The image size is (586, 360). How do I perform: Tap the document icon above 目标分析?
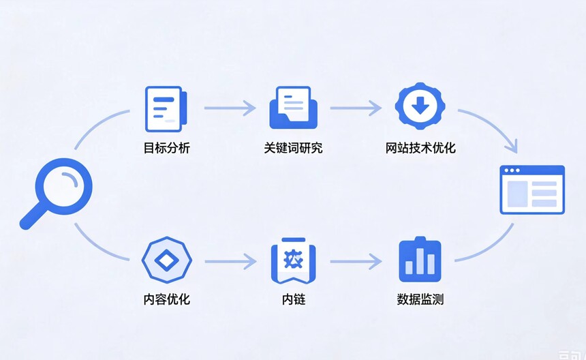(166, 109)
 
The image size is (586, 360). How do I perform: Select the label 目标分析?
(167, 148)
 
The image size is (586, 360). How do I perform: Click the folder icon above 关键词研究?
(294, 108)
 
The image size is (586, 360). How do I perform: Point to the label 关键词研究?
(294, 148)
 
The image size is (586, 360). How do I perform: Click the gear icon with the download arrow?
(420, 106)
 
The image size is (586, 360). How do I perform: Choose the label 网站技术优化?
(420, 148)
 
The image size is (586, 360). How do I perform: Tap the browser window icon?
(532, 190)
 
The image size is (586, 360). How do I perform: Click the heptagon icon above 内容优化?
(167, 260)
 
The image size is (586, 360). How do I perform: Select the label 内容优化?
(167, 299)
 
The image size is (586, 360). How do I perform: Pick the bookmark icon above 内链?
(294, 260)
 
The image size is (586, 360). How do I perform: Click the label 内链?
(294, 299)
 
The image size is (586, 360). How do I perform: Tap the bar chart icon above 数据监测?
(420, 260)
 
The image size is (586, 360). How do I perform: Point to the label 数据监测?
(420, 299)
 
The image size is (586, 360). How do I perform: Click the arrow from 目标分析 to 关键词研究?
(230, 108)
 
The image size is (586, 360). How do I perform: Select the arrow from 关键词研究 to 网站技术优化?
(356, 108)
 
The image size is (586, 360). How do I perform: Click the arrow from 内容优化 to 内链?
(230, 261)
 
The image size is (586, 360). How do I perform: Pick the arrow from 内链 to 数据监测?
(356, 261)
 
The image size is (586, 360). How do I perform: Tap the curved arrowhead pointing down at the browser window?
(512, 147)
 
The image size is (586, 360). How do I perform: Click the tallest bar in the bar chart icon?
(420, 260)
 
